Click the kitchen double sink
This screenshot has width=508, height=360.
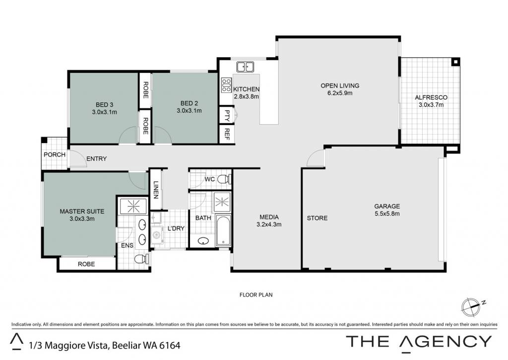click(x=245, y=67)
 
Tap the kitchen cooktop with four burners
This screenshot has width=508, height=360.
click(x=226, y=85)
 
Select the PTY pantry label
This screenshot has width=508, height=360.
click(x=227, y=116)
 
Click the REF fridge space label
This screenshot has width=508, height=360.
click(x=227, y=134)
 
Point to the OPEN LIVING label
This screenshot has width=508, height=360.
click(x=340, y=85)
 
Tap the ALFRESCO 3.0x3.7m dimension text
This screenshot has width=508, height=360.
click(x=431, y=105)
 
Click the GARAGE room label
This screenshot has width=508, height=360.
click(x=387, y=206)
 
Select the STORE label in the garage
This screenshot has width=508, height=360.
click(x=317, y=218)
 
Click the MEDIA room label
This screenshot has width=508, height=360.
click(x=269, y=217)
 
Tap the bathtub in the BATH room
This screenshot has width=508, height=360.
click(x=223, y=231)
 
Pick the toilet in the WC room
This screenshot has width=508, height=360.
click(x=224, y=179)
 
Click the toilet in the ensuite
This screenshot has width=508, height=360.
click(x=141, y=259)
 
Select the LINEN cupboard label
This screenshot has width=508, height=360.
click(x=156, y=190)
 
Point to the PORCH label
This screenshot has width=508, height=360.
click(x=55, y=155)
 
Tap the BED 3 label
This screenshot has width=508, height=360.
click(x=104, y=105)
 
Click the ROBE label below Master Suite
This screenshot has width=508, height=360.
click(x=86, y=264)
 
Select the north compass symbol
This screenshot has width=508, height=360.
click(x=472, y=307)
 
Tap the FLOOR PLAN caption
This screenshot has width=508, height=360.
click(x=256, y=295)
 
